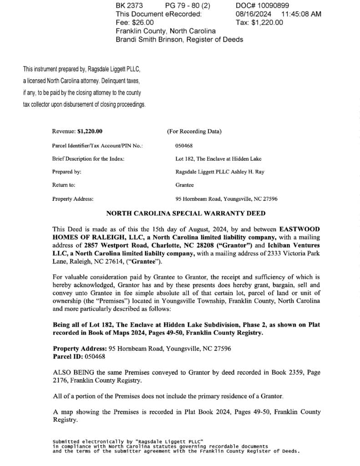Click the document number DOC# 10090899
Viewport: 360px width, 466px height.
[263, 5]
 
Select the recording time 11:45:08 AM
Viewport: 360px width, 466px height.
[301, 14]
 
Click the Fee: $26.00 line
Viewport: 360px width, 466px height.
[135, 22]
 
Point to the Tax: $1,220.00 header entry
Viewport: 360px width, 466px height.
[259, 22]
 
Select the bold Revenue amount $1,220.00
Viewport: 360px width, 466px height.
[90, 132]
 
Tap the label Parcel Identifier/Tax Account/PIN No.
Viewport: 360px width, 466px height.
[97, 146]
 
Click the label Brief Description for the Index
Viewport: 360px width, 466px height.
[88, 159]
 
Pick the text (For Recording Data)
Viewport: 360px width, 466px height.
[194, 132]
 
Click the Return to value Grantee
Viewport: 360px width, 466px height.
[184, 185]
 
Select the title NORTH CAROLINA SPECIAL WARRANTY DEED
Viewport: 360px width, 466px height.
[186, 213]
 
